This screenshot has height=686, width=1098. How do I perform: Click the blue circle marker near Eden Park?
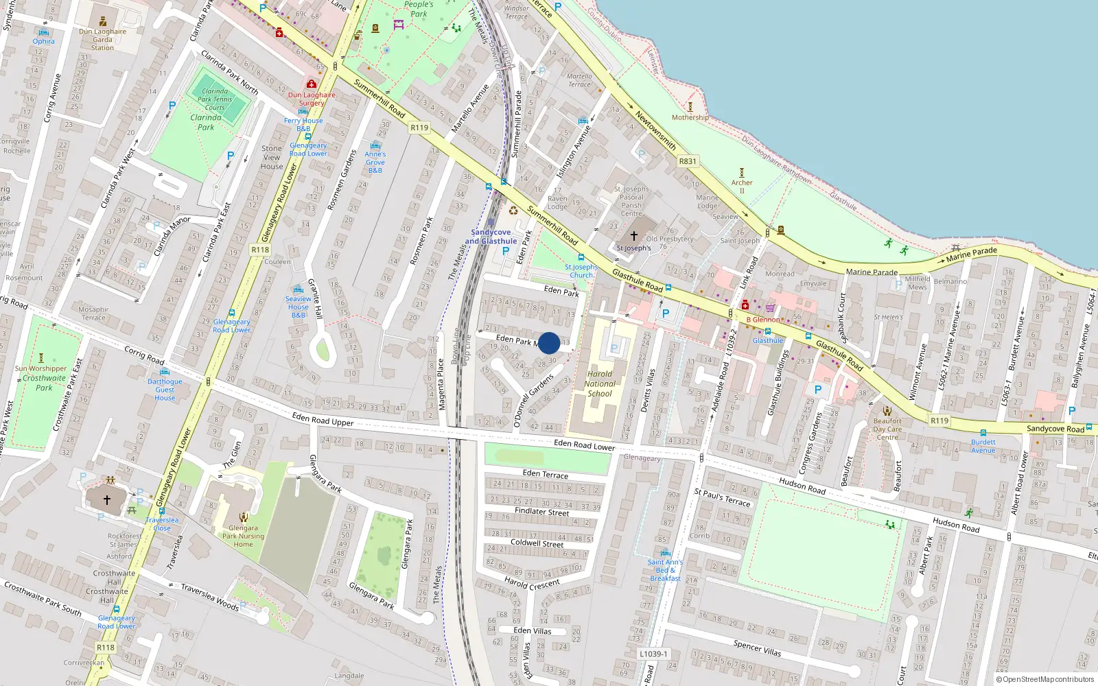[x=549, y=343]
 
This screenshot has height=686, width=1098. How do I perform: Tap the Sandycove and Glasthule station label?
[x=491, y=237]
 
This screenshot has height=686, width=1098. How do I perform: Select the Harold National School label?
[x=600, y=384]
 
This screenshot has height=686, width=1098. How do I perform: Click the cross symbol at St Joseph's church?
[x=634, y=235]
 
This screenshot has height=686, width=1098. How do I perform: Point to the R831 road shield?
[x=687, y=161]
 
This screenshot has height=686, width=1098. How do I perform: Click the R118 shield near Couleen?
[x=260, y=250]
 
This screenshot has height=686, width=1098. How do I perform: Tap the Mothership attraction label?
[x=690, y=117]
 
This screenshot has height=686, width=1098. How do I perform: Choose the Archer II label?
[x=742, y=187]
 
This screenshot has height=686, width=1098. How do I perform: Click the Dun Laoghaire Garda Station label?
[x=103, y=39]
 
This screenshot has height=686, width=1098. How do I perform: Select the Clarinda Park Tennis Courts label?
[x=215, y=99]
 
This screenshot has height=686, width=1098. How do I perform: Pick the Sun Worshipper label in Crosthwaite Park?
[x=41, y=368]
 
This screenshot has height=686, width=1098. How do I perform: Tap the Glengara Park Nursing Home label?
[x=243, y=536]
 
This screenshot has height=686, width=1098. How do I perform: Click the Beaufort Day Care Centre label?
[x=887, y=429]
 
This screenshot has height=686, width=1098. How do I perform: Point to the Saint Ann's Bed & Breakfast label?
[x=665, y=570]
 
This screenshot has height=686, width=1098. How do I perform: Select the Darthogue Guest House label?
[x=165, y=390]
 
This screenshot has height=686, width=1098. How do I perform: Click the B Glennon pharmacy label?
[x=763, y=320]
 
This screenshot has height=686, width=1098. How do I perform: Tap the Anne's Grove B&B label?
[x=375, y=163]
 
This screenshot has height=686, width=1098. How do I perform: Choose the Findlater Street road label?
[x=541, y=512]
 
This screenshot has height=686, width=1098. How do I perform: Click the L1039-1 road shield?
[x=653, y=654]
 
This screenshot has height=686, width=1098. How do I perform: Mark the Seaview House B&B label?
[x=299, y=307]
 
